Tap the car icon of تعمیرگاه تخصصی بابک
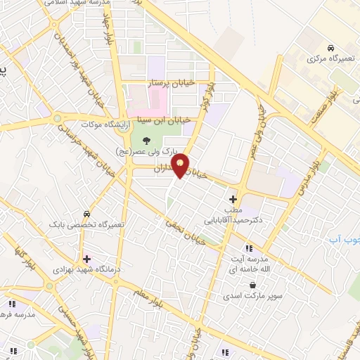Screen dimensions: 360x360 pyautogui.click(x=86, y=213)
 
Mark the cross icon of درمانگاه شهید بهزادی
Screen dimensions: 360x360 pyautogui.click(x=86, y=259)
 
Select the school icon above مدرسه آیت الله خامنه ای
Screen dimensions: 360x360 pyautogui.click(x=247, y=247)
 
